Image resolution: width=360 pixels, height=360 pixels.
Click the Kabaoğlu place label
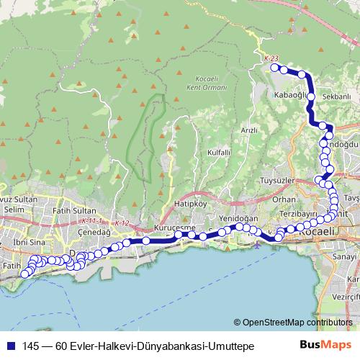pos(291,94)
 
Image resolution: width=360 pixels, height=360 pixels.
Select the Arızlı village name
pos(249,130)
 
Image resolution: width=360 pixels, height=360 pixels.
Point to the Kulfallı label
pos(218,153)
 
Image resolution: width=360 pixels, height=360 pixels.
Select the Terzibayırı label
pos(298,215)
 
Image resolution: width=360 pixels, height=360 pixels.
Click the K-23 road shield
pos(271,58)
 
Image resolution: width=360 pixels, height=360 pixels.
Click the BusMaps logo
pos(323,346)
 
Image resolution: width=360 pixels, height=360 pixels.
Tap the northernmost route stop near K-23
pos(274,68)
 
